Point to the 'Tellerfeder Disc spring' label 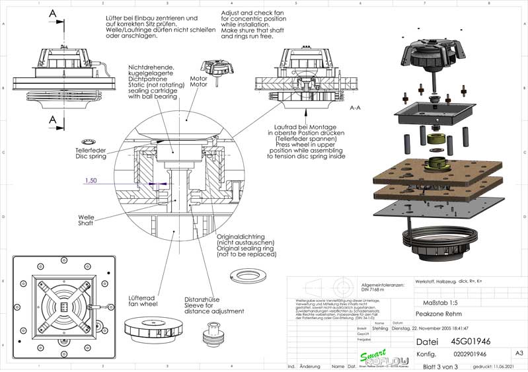(x=91, y=153)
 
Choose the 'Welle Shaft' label (x=86, y=219)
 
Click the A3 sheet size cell (x=519, y=354)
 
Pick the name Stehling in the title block (x=380, y=328)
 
